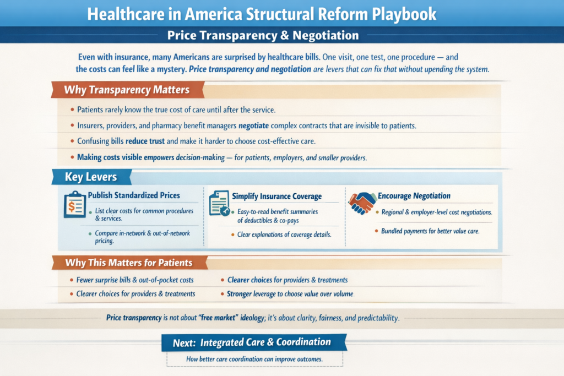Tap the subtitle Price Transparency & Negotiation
point(263,36)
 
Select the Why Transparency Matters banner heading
point(127,90)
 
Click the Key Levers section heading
point(91,177)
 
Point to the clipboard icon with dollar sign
point(74,205)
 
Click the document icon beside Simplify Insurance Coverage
point(219,204)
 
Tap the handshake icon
point(362,203)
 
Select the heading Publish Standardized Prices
point(134,195)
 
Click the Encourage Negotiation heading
point(414,196)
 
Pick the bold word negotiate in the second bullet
point(253,126)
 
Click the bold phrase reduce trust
point(145,141)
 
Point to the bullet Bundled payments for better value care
point(430,231)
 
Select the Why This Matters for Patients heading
point(129,263)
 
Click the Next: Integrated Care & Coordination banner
point(254,342)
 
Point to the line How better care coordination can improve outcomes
point(254,359)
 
